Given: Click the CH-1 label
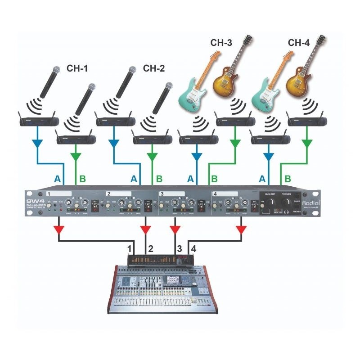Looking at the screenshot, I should (77, 69).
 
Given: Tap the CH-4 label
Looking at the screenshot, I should (299, 43).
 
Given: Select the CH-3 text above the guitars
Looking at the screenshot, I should (221, 43).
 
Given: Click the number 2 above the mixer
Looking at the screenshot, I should (151, 248).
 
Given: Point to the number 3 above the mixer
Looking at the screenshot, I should (180, 248).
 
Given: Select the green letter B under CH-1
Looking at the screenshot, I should (82, 179).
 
